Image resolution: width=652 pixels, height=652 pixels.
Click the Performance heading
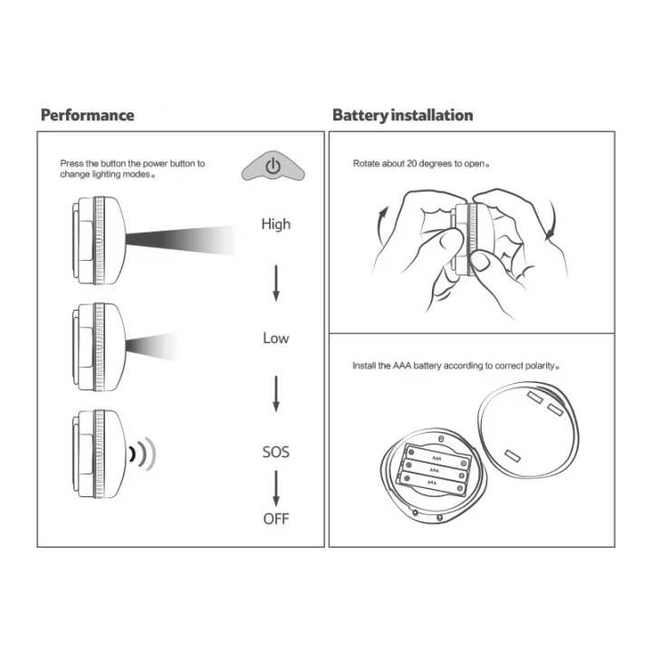tap(87, 115)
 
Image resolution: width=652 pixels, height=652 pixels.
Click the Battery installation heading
tap(402, 115)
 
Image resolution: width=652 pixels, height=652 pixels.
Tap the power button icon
tap(273, 167)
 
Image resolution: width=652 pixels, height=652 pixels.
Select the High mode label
tap(275, 225)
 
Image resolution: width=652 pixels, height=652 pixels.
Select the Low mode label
tap(275, 338)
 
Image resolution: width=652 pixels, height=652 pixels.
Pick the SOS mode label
tap(275, 452)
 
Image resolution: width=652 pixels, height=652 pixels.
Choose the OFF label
tap(275, 519)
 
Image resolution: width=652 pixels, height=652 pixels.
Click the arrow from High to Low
tap(275, 283)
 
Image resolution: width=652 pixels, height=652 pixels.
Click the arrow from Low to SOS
tap(275, 394)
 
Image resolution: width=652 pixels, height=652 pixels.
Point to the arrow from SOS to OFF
tap(275, 488)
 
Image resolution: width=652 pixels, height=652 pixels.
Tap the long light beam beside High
tap(179, 240)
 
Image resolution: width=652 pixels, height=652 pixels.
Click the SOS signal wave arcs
tap(143, 454)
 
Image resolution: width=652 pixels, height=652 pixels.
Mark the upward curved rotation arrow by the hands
tap(381, 226)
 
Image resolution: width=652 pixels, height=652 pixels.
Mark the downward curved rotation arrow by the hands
tap(551, 221)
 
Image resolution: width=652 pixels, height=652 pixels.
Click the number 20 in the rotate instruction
tap(412, 163)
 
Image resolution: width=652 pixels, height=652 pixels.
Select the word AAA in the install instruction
tap(402, 366)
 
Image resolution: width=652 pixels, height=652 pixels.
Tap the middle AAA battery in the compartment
tap(435, 470)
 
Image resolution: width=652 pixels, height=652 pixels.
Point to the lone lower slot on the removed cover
tap(513, 455)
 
